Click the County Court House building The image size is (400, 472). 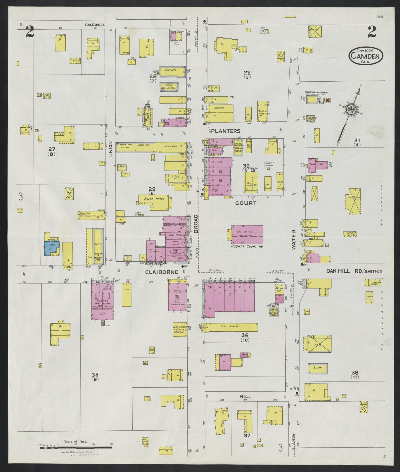point(247,234)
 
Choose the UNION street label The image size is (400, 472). point(110,149)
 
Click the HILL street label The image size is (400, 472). point(245,397)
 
